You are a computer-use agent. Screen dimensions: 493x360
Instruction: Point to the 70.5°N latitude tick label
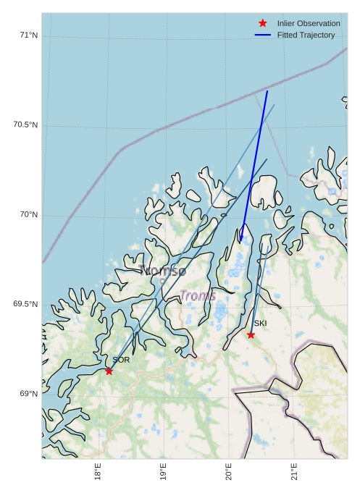(25, 125)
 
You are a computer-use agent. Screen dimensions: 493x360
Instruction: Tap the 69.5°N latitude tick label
(25, 304)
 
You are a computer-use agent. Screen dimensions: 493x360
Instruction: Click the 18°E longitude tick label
(97, 472)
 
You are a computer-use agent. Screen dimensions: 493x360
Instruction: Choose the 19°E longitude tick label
(163, 472)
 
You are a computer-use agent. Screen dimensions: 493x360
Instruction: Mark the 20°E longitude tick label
(228, 472)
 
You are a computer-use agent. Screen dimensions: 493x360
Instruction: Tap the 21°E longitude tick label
(294, 472)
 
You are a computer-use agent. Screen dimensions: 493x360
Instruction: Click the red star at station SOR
(109, 371)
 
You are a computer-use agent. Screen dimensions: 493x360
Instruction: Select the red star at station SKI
(251, 334)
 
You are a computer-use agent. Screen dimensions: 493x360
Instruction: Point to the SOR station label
(121, 360)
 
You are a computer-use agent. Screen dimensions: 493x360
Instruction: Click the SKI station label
(260, 323)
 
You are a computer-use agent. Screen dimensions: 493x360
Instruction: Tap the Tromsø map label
(163, 271)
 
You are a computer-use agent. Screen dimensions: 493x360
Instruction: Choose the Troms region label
(197, 295)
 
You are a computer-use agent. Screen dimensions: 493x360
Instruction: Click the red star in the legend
(263, 23)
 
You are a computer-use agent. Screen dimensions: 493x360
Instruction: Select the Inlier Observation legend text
(308, 23)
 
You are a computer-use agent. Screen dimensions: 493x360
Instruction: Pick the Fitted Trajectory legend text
(306, 35)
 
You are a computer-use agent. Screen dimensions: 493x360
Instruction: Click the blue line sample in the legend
(263, 35)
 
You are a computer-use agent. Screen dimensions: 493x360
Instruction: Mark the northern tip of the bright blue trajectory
(267, 90)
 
